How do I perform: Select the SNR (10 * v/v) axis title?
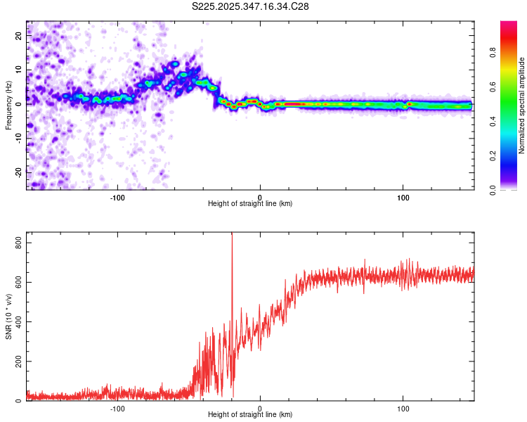(x=8, y=316)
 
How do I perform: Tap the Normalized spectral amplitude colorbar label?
(x=522, y=105)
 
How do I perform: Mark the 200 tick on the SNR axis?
(x=15, y=362)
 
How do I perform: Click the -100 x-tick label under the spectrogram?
(x=117, y=197)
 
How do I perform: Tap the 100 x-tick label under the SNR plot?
(x=403, y=408)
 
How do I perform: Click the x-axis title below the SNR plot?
(x=250, y=416)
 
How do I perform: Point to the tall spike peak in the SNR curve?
(x=232, y=235)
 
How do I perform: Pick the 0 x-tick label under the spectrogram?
(x=260, y=197)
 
